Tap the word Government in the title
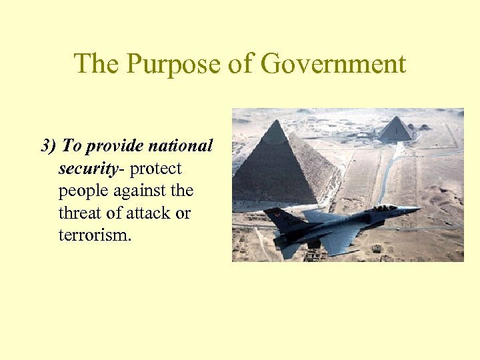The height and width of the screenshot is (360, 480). pyautogui.click(x=333, y=65)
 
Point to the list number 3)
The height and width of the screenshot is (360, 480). pyautogui.click(x=50, y=146)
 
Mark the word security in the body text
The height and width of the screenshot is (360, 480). pyautogui.click(x=87, y=169)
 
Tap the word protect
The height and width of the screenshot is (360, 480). pyautogui.click(x=155, y=169)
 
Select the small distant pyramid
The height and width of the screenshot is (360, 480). pyautogui.click(x=396, y=129)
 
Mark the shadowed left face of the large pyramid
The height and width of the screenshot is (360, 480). pyautogui.click(x=260, y=173)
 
